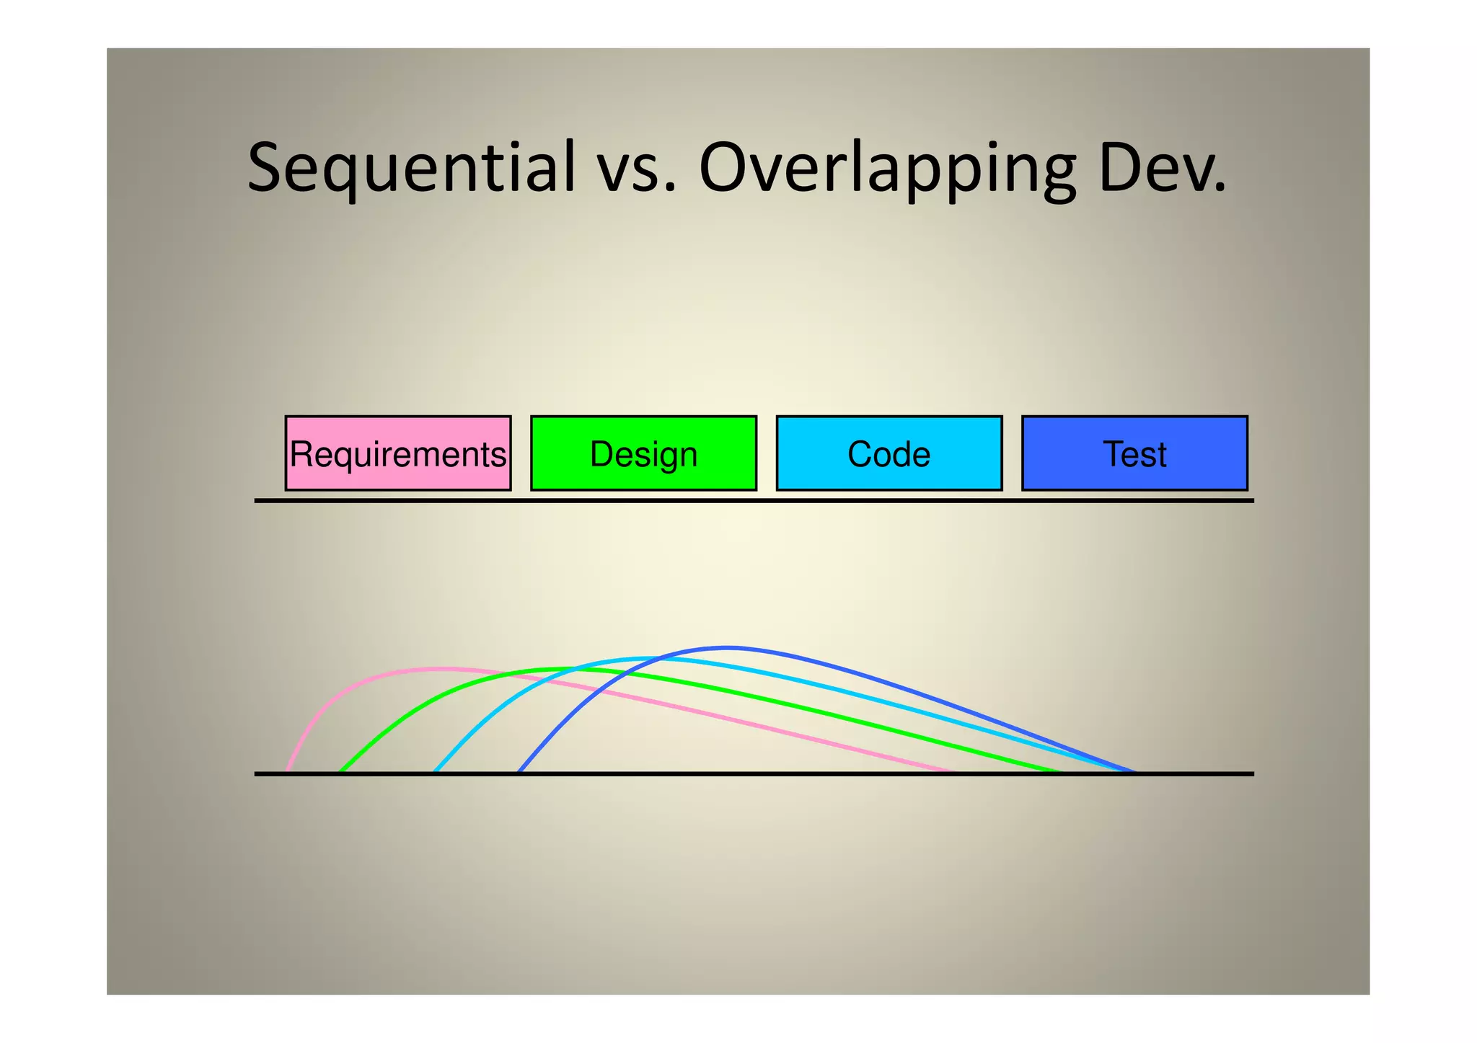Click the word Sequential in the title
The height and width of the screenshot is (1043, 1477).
[x=411, y=168]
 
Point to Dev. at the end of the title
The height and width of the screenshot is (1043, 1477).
[x=1161, y=168]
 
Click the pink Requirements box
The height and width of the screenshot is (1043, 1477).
[x=398, y=453]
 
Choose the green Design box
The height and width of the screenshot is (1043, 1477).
[x=643, y=453]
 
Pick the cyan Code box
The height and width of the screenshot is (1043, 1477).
[x=889, y=453]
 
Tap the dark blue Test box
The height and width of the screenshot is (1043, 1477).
[x=1134, y=453]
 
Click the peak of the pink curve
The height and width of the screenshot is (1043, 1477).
[x=440, y=668]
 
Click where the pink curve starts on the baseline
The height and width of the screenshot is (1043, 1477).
[x=287, y=772]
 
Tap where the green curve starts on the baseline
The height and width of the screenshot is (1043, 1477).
[x=340, y=772]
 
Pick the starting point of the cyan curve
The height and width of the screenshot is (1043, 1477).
[x=434, y=772]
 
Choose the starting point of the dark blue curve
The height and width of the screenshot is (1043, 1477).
[x=519, y=772]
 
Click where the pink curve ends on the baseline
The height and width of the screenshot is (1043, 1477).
[x=953, y=772]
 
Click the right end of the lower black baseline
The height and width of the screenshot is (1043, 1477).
[x=1252, y=773]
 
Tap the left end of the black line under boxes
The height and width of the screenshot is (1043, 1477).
[x=257, y=500]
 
